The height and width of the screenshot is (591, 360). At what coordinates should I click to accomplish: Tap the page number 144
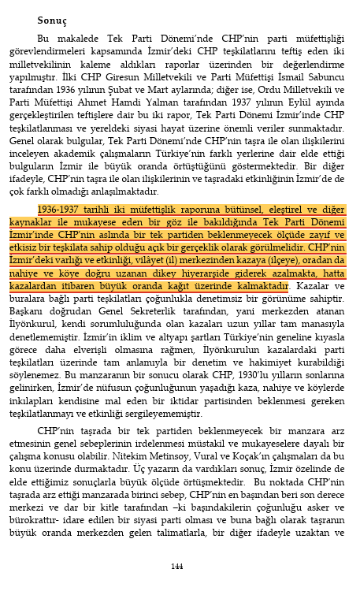178,566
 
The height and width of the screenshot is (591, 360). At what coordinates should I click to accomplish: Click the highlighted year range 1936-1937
64,210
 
